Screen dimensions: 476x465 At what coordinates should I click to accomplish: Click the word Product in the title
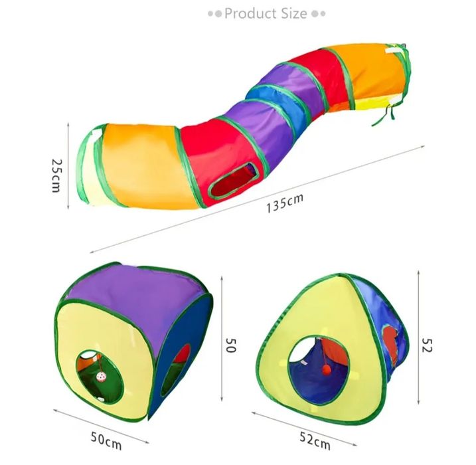249,14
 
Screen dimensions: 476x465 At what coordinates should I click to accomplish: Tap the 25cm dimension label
56,175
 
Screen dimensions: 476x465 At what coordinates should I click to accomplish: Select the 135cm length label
285,203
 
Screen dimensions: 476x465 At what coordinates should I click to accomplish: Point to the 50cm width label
106,441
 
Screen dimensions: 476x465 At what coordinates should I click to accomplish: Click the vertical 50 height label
231,345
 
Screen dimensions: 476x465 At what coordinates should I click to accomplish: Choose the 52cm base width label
315,440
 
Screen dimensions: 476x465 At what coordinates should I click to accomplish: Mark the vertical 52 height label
427,345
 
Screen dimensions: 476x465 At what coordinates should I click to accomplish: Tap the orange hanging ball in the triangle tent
327,369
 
